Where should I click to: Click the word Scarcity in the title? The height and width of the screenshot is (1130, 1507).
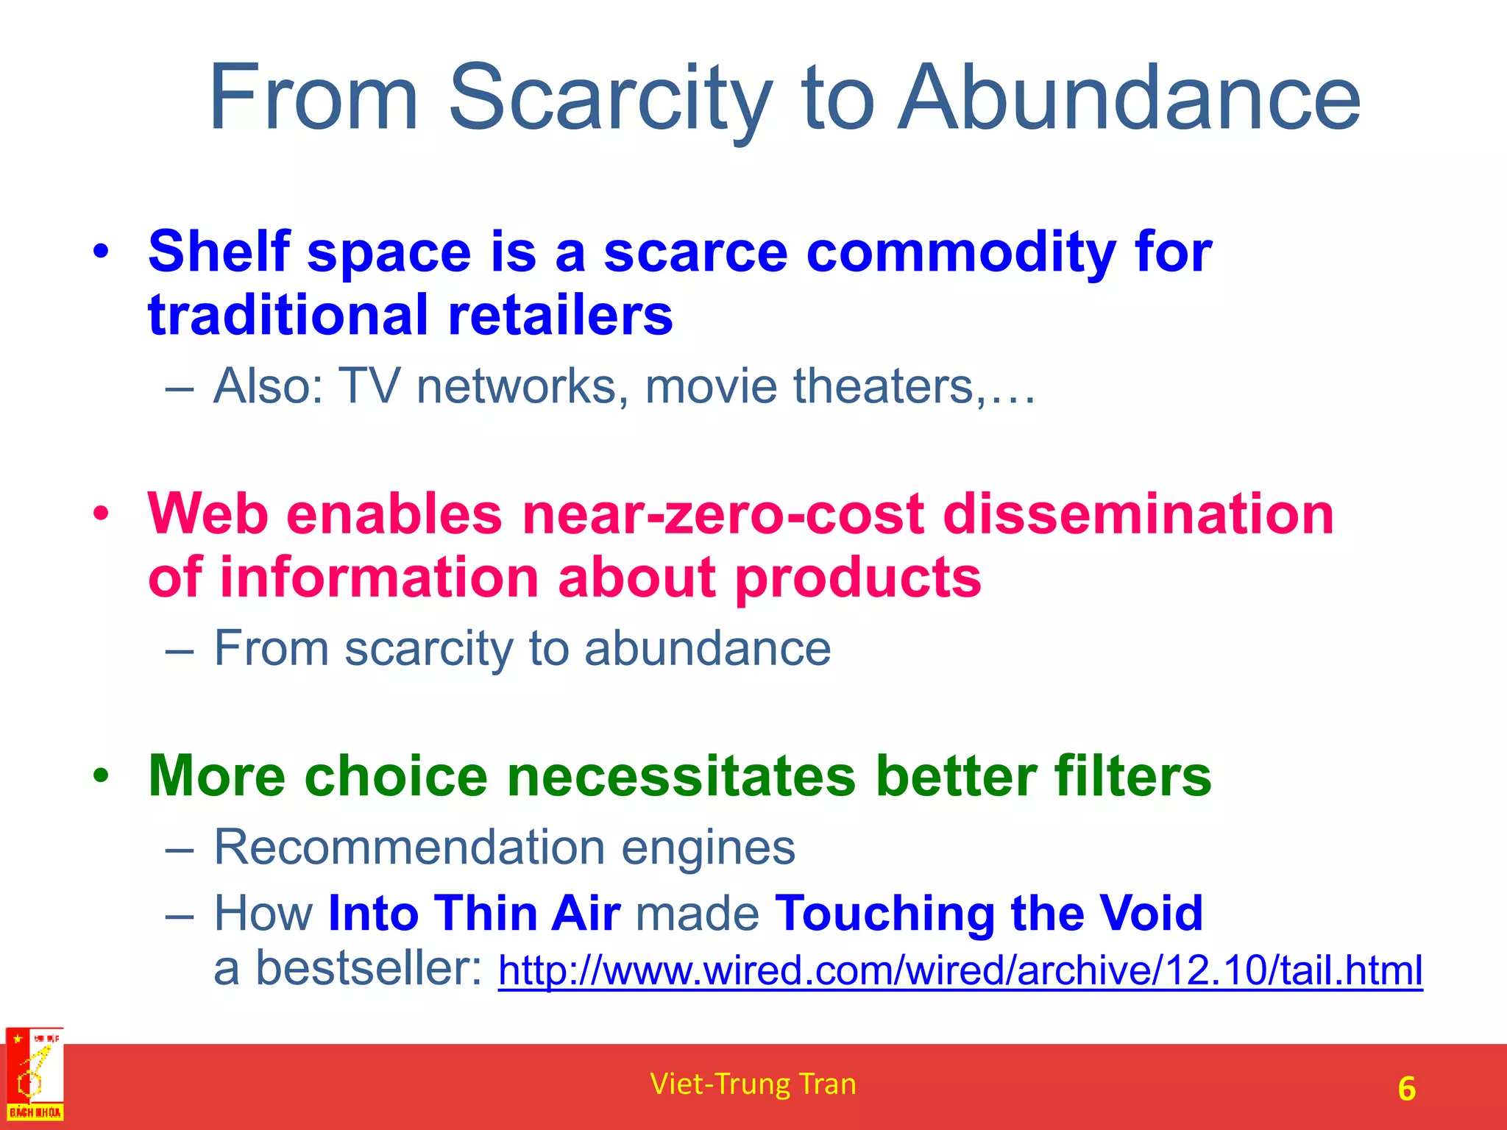pos(611,99)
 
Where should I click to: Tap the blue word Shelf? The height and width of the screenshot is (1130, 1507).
pos(219,252)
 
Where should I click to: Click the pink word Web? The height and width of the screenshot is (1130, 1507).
pos(208,514)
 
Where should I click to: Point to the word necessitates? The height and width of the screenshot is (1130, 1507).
pos(681,776)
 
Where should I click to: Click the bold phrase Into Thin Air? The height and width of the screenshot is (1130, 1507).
pos(475,913)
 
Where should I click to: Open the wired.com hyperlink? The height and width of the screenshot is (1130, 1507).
pos(960,970)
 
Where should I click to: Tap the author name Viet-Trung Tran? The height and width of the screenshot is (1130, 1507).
pos(753,1084)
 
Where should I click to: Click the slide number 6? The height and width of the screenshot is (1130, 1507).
pos(1406,1089)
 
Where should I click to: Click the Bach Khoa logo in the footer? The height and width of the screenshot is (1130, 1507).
pos(35,1075)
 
